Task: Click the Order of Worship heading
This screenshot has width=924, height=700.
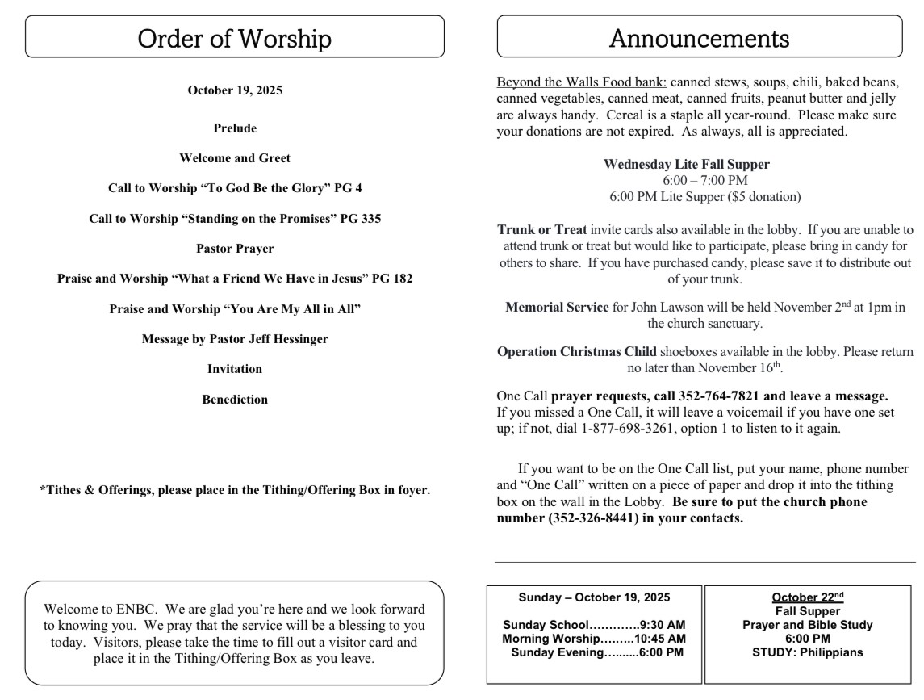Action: click(x=234, y=38)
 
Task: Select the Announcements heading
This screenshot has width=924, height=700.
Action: click(x=699, y=38)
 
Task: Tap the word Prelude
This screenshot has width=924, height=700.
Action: click(x=235, y=128)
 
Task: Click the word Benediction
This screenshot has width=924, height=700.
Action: click(x=235, y=400)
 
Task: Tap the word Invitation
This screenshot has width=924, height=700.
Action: click(x=235, y=369)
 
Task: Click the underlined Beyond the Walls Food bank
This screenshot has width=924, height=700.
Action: click(x=581, y=82)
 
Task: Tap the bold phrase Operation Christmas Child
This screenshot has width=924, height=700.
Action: click(x=577, y=351)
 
